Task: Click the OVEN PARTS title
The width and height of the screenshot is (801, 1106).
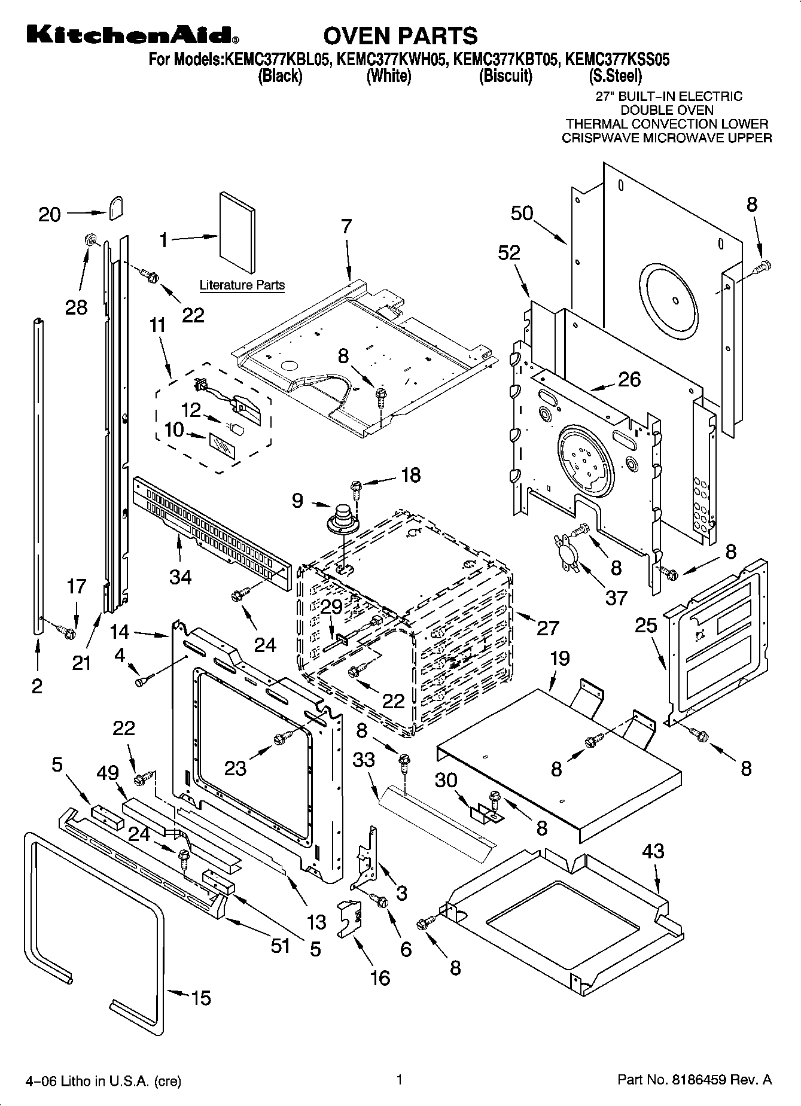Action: [x=400, y=36]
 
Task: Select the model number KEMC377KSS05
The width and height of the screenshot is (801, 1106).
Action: [x=617, y=60]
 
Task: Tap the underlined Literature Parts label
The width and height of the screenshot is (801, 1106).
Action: [x=242, y=285]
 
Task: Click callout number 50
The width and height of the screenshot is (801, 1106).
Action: [x=522, y=214]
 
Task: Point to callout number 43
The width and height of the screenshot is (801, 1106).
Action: [x=653, y=851]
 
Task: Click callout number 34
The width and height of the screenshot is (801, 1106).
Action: [x=180, y=577]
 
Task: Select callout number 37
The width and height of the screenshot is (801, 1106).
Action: [x=616, y=598]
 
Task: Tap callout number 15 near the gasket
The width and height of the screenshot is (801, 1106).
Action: [x=202, y=998]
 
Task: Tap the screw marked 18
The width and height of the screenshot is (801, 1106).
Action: [x=356, y=488]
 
